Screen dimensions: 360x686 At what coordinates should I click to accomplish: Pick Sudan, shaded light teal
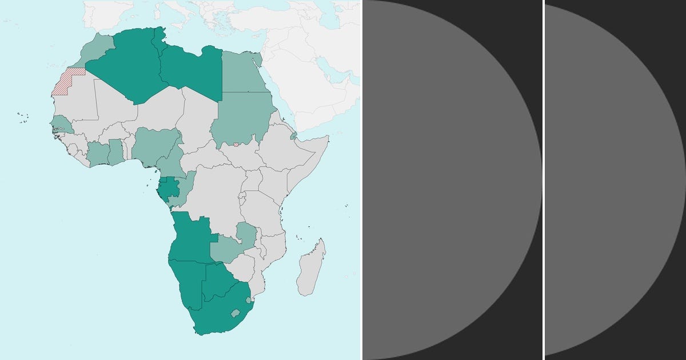[x=243, y=117]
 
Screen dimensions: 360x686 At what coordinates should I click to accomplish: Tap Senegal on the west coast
[x=59, y=123]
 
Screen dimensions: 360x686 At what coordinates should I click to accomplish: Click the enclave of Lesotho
[x=234, y=313]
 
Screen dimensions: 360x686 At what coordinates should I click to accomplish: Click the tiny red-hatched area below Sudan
[x=236, y=144]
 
